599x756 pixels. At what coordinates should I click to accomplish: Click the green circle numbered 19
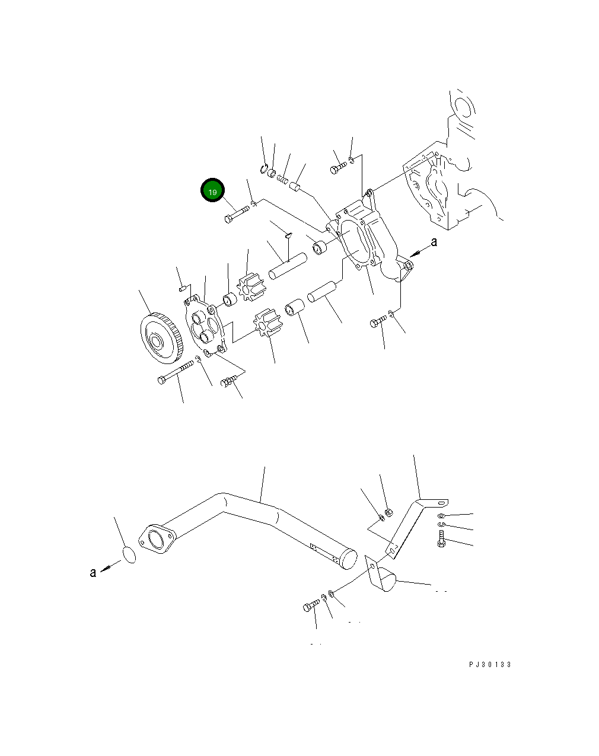point(212,190)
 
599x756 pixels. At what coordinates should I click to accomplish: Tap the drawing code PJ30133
point(490,665)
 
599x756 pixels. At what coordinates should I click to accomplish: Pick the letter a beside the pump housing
point(434,242)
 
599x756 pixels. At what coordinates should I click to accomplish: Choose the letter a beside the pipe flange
point(93,572)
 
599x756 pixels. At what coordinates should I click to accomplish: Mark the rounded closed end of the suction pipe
point(346,558)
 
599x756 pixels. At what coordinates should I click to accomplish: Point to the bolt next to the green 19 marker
point(237,214)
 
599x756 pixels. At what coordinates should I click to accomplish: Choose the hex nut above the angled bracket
point(388,512)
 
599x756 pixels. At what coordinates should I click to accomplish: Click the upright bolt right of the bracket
point(441,540)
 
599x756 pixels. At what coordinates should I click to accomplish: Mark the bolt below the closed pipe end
point(311,606)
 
